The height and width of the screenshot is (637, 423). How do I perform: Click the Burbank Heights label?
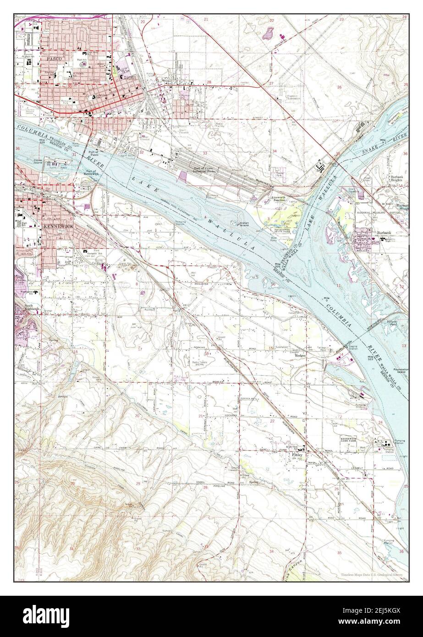point(392,177)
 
